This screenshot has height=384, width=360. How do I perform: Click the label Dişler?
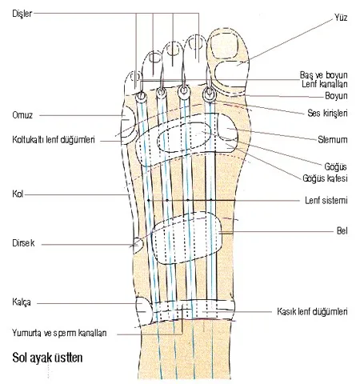click(x=22, y=14)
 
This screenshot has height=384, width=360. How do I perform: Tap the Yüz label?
click(x=341, y=18)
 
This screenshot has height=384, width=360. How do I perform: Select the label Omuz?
click(x=22, y=115)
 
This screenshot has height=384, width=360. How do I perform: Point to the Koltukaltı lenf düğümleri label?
click(x=54, y=139)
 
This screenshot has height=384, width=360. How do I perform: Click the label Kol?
click(x=18, y=194)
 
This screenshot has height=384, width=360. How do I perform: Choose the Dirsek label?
click(x=23, y=243)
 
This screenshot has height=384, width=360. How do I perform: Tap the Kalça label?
click(x=22, y=302)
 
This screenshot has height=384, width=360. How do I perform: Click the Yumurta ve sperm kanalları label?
click(x=59, y=333)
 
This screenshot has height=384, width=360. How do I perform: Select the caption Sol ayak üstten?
click(x=47, y=358)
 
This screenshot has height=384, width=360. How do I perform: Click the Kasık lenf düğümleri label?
click(x=312, y=311)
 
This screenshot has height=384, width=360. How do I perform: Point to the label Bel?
click(x=342, y=230)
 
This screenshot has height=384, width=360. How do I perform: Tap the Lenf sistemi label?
click(x=326, y=200)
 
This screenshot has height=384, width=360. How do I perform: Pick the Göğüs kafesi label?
click(x=325, y=178)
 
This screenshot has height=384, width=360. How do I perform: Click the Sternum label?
click(x=333, y=139)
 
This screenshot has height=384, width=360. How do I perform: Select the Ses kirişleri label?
click(x=327, y=113)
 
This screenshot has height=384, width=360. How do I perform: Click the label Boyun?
click(x=336, y=96)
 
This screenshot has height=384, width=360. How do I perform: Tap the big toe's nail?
click(x=223, y=46)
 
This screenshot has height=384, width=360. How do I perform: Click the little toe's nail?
click(x=136, y=77)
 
